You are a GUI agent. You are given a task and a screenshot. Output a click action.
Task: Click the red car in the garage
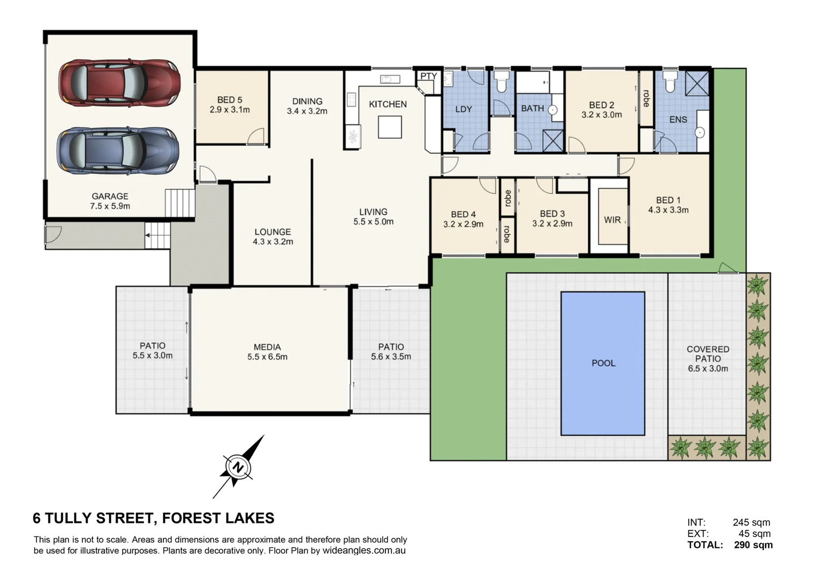pyautogui.click(x=119, y=82)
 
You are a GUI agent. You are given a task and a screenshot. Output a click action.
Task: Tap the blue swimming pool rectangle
pyautogui.click(x=603, y=363)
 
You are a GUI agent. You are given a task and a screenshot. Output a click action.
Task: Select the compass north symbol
pyautogui.click(x=237, y=467)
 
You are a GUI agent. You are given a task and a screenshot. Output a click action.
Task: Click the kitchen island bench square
pyautogui.click(x=389, y=127)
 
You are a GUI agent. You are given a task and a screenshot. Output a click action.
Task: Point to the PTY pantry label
pyautogui.click(x=428, y=76)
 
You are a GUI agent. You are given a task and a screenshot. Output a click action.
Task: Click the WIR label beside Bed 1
pyautogui.click(x=612, y=220)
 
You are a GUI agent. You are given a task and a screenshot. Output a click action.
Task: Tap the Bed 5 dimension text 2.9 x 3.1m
pyautogui.click(x=230, y=110)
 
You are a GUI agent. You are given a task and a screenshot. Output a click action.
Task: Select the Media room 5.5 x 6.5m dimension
pyautogui.click(x=267, y=357)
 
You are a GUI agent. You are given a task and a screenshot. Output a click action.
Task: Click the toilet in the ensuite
pyautogui.click(x=669, y=81)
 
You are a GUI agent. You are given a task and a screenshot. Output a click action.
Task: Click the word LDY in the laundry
pyautogui.click(x=463, y=109)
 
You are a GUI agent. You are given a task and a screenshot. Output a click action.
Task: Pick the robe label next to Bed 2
pyautogui.click(x=646, y=98)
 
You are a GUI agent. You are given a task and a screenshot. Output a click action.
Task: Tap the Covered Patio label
pyautogui.click(x=708, y=354)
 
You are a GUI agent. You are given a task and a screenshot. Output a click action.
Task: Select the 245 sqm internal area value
pyautogui.click(x=751, y=522)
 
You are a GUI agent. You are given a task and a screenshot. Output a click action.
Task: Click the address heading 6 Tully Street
pyautogui.click(x=154, y=518)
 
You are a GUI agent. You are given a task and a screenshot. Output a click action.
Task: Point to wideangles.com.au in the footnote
pyautogui.click(x=364, y=550)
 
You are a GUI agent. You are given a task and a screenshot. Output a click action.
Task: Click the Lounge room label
pyautogui.click(x=273, y=232)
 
